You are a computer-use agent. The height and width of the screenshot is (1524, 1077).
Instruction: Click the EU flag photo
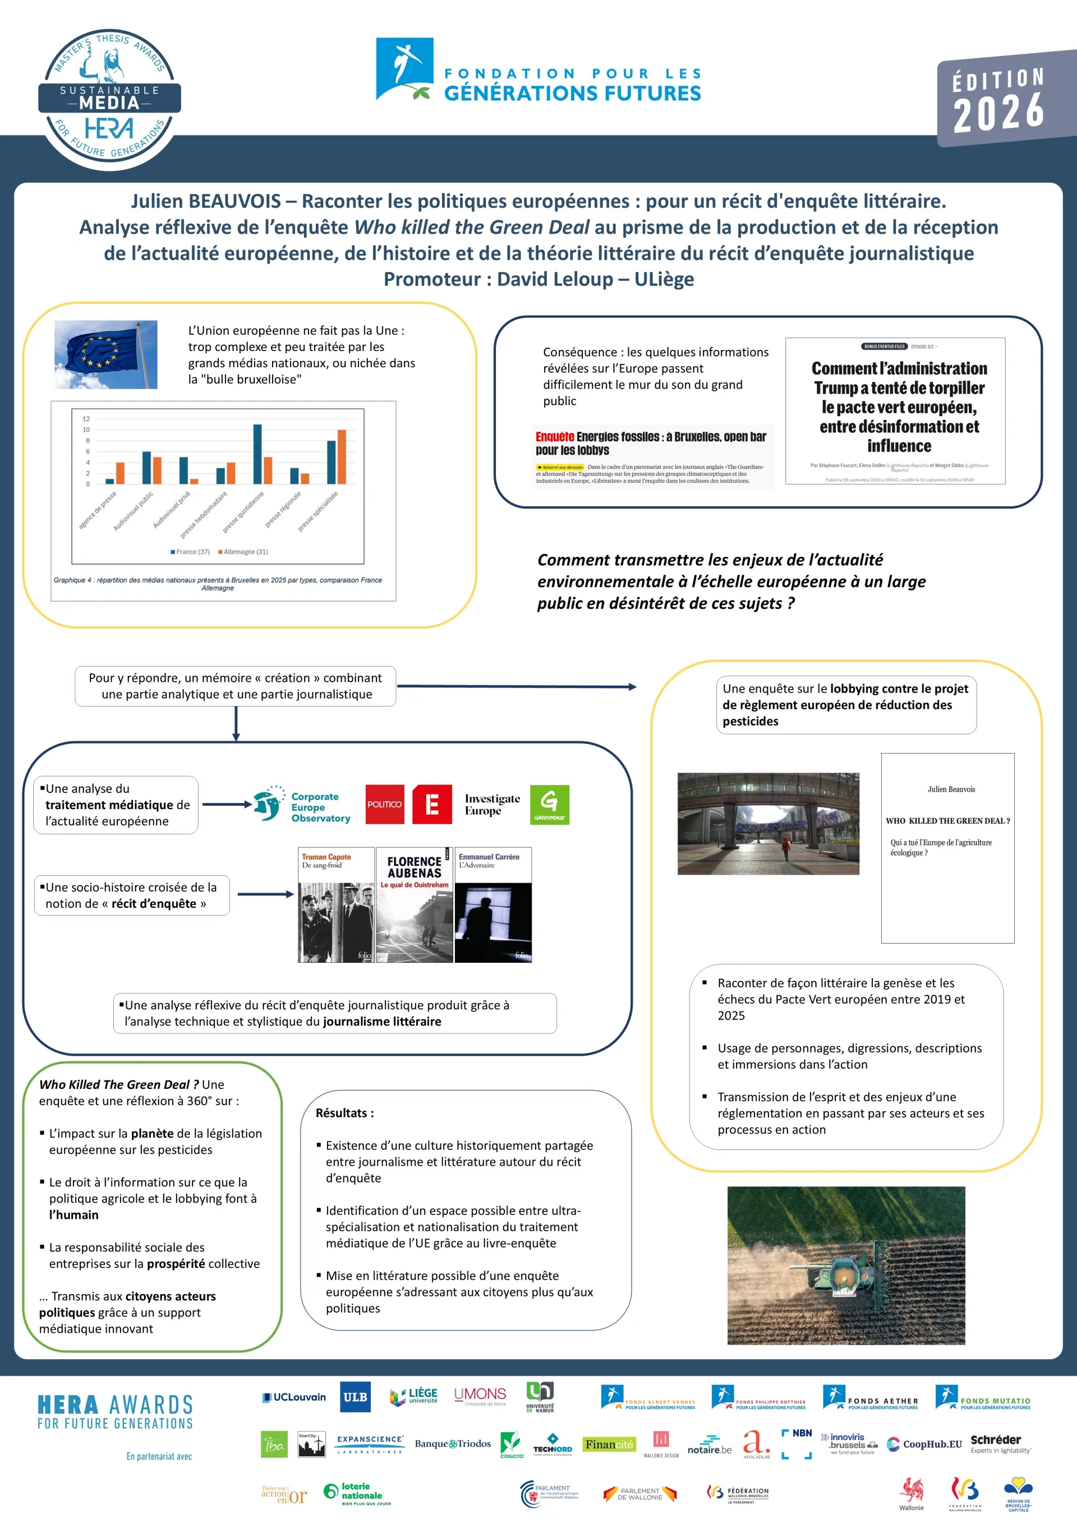(x=105, y=354)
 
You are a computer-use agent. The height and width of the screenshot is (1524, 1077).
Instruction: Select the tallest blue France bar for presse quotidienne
(x=257, y=454)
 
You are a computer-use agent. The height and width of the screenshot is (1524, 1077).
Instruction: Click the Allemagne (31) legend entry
(x=243, y=552)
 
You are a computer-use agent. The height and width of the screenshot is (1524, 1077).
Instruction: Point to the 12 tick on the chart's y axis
(x=86, y=419)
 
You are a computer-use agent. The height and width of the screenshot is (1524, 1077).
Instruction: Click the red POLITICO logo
(x=384, y=805)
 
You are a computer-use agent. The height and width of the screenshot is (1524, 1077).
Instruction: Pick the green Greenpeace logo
(x=549, y=805)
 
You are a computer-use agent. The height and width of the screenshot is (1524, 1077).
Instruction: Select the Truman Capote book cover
(x=336, y=905)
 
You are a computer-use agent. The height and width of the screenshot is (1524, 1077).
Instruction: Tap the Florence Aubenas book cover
(x=415, y=905)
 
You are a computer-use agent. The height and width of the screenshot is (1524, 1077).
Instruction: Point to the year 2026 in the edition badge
(x=998, y=112)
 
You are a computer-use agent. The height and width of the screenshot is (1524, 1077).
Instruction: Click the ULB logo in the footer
(x=355, y=1397)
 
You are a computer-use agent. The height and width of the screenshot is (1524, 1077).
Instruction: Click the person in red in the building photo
(x=785, y=846)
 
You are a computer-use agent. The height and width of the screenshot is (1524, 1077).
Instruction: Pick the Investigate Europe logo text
(x=492, y=805)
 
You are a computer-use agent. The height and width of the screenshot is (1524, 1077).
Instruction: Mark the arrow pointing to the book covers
(x=265, y=895)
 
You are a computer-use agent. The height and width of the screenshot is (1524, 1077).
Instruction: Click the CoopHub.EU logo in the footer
(x=924, y=1444)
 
